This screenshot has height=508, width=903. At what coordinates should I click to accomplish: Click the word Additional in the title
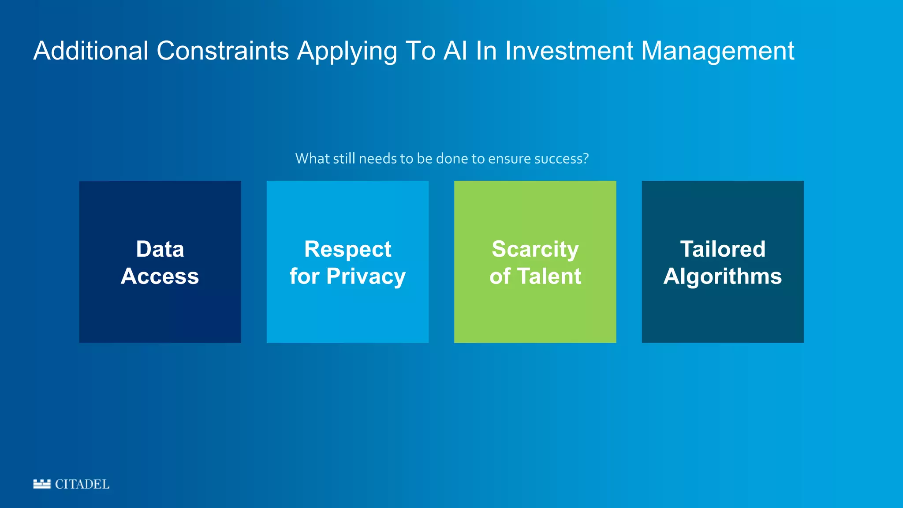(x=91, y=51)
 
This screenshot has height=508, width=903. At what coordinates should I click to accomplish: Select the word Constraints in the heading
(x=223, y=51)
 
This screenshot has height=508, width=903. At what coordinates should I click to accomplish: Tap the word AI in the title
(x=455, y=51)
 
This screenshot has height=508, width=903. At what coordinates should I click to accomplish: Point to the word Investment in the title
(x=569, y=51)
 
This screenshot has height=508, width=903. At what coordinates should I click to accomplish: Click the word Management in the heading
(x=717, y=51)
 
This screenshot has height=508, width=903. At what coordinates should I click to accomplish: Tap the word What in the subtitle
(x=310, y=158)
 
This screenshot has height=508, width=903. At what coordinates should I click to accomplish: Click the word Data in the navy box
(x=160, y=249)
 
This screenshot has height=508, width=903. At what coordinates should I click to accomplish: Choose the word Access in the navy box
(x=160, y=276)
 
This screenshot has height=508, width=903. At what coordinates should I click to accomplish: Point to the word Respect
(x=347, y=250)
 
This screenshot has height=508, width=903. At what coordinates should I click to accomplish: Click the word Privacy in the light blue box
(x=366, y=277)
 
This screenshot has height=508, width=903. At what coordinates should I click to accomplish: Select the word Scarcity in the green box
(x=535, y=250)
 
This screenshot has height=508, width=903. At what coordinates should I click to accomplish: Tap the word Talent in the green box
(x=549, y=276)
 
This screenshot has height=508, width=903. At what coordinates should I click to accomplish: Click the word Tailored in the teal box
(x=723, y=249)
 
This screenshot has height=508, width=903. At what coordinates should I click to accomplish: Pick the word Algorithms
(x=723, y=277)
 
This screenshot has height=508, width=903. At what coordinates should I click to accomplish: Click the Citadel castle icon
(x=42, y=484)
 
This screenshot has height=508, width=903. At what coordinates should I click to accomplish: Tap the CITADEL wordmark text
(x=82, y=484)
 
